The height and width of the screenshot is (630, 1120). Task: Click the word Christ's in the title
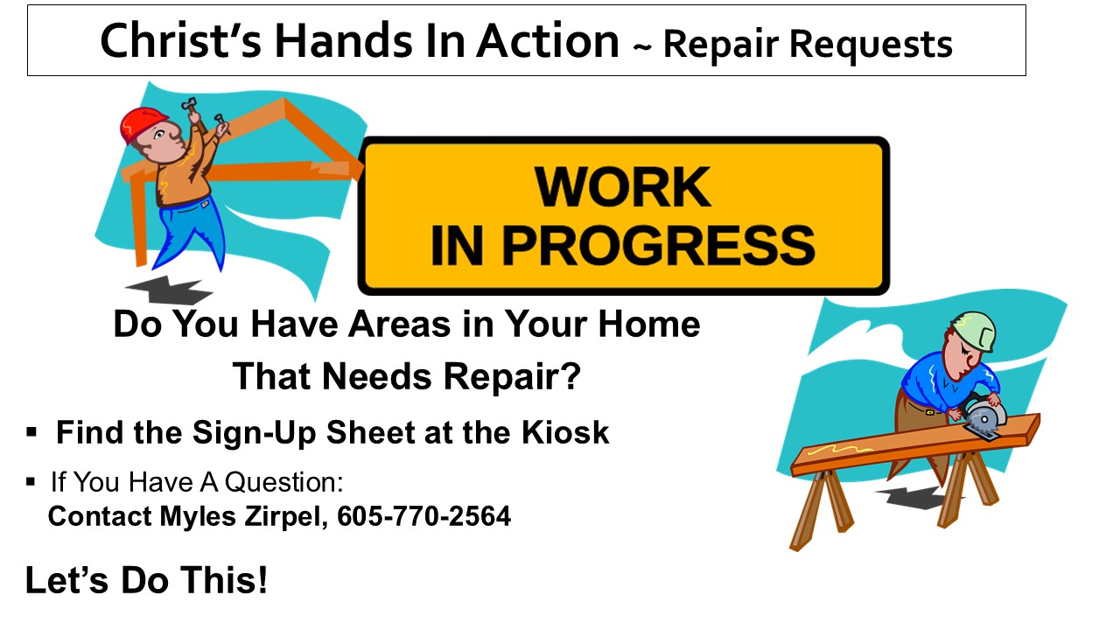click(x=180, y=41)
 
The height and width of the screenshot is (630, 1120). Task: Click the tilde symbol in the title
click(x=642, y=46)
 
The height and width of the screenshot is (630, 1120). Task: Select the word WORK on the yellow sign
click(x=622, y=186)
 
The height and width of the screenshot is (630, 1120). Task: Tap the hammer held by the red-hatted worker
click(x=192, y=114)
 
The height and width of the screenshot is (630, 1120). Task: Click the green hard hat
click(x=974, y=332)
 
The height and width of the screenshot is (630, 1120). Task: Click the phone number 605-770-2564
click(x=424, y=516)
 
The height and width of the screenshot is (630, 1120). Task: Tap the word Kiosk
click(x=565, y=432)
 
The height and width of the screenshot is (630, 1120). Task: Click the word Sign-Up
click(x=254, y=433)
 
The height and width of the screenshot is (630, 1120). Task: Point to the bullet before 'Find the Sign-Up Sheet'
click(x=31, y=432)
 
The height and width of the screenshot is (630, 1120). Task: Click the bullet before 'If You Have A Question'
click(x=31, y=482)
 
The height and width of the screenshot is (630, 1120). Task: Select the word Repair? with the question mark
click(x=512, y=377)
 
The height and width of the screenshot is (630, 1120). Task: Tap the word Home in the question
click(x=649, y=324)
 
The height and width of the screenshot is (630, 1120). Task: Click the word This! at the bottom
click(x=223, y=580)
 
